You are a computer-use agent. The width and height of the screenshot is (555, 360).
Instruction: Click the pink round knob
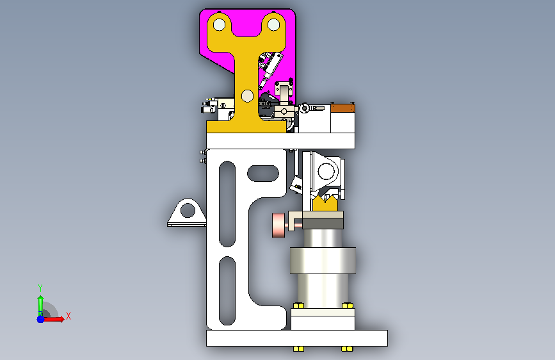tap(278, 225)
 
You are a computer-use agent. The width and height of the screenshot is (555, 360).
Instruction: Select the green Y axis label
tap(40, 288)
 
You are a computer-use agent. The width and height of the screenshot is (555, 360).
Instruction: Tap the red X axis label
tap(68, 316)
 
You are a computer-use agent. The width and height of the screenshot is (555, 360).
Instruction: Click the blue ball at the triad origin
tap(41, 319)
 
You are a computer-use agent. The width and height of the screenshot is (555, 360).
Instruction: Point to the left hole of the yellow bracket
tap(220, 25)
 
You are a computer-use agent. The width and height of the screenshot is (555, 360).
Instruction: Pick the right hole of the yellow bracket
tap(273, 25)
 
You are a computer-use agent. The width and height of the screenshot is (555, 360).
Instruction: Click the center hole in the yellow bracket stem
tap(248, 95)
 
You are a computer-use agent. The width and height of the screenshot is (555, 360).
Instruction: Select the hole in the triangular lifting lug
tap(188, 211)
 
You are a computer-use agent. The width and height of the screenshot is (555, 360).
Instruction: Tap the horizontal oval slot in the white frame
tap(263, 173)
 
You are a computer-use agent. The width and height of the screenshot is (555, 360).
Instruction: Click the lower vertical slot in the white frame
tap(227, 291)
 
